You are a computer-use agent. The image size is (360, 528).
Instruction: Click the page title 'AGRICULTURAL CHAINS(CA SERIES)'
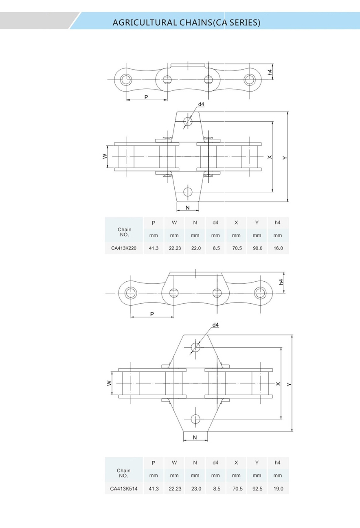186,22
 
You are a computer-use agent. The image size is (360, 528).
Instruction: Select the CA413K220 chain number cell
124,248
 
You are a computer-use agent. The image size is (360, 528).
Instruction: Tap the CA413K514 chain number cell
124,489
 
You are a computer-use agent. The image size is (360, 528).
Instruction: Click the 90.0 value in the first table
257,248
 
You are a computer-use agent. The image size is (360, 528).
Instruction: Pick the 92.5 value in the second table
257,489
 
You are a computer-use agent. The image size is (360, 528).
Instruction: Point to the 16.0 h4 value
278,248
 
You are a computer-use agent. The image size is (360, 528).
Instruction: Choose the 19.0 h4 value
278,489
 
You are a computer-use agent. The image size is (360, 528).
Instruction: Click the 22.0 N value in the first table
195,248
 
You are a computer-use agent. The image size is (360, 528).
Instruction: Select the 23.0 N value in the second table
195,489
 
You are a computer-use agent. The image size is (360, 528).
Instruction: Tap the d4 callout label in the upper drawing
201,105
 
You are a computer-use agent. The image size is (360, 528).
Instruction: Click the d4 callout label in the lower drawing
215,325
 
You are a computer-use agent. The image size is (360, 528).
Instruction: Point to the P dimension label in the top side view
146,97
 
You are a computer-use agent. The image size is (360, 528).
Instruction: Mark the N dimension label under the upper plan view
187,208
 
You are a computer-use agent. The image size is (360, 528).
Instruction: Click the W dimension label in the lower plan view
109,383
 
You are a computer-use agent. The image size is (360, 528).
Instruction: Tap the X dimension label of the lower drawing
278,384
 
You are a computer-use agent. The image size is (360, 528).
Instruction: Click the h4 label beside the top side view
270,72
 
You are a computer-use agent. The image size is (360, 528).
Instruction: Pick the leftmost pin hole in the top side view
126,79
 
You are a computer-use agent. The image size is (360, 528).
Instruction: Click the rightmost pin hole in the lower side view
260,292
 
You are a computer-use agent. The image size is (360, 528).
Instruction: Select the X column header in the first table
236,223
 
